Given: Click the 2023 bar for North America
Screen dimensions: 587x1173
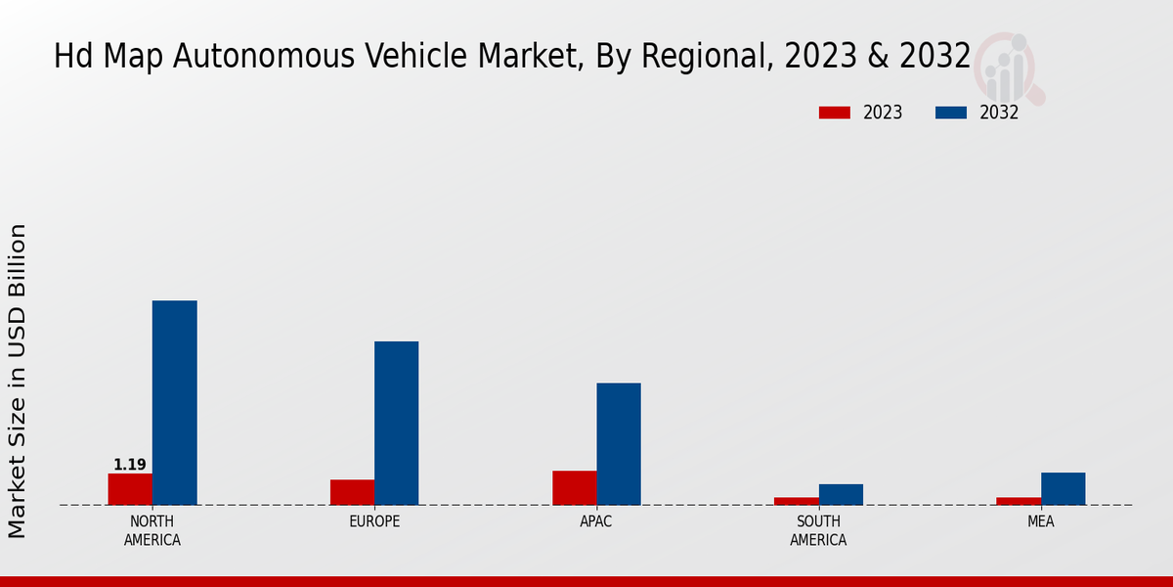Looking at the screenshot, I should point(130,489).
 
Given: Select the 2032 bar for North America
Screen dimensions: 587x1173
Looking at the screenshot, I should point(174,402).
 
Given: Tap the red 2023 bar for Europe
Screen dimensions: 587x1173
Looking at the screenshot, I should point(352,492).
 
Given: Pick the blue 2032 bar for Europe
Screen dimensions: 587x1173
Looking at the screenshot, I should point(396,423).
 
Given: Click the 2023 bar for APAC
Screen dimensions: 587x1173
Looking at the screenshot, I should point(574,487).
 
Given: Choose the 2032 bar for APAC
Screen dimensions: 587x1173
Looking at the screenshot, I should point(619,443).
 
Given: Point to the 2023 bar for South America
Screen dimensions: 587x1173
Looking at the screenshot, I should point(796,501).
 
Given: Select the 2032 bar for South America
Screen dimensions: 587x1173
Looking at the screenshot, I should point(841,494).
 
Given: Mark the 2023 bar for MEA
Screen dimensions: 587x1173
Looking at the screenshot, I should point(1019,501).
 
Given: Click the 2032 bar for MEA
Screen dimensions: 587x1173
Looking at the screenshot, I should point(1063,488).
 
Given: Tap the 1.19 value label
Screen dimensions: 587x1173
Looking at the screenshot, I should point(130,465).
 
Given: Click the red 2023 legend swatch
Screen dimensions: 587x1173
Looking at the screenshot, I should point(834,113).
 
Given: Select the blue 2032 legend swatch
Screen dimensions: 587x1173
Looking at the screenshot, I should point(950,113).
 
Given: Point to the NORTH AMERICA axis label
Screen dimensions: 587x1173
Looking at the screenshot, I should point(152,530).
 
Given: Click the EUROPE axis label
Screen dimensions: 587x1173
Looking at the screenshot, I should point(374,521).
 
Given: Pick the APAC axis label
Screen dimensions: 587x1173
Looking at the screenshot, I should point(596,521).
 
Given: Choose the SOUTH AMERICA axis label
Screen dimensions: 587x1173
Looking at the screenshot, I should point(818,530).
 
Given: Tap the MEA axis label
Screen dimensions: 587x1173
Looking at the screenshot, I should point(1040,521).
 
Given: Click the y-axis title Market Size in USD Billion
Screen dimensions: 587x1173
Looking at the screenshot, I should point(18,381).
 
